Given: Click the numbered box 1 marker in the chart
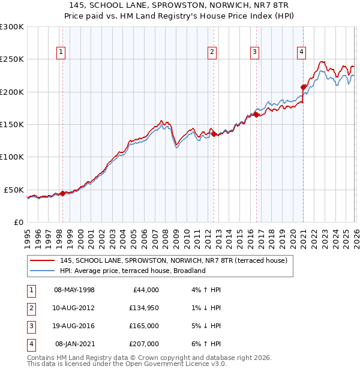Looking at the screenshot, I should pos(62,52).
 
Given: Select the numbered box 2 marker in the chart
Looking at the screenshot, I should pos(212,52).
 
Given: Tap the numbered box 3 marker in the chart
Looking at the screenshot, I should pos(255,52).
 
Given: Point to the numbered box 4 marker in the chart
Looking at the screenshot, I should pos(301,52).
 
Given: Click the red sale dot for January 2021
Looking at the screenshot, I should pos(304,87).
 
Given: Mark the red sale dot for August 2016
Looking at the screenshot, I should pos(256,115).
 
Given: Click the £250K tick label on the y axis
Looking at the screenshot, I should pos(12,59).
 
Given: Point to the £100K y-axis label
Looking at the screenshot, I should pos(12,157).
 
